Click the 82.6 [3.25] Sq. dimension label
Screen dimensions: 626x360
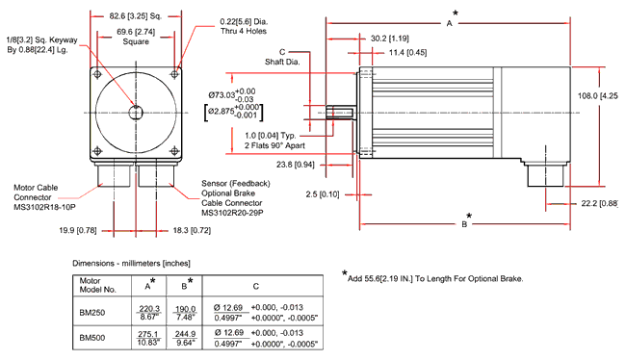pyautogui.click(x=136, y=16)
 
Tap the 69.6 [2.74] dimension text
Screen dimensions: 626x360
pyautogui.click(x=136, y=32)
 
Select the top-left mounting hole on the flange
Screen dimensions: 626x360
pyautogui.click(x=97, y=75)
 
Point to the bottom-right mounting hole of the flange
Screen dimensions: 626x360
pyautogui.click(x=174, y=151)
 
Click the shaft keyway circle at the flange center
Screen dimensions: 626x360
pyautogui.click(x=136, y=113)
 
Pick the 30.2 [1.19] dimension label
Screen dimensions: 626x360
pyautogui.click(x=390, y=39)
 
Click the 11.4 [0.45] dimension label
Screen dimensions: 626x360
pyautogui.click(x=407, y=53)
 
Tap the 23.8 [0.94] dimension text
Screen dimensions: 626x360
pyautogui.click(x=296, y=165)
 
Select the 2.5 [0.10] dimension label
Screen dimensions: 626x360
pyautogui.click(x=323, y=194)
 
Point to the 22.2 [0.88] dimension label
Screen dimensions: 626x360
pyautogui.click(x=600, y=203)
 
